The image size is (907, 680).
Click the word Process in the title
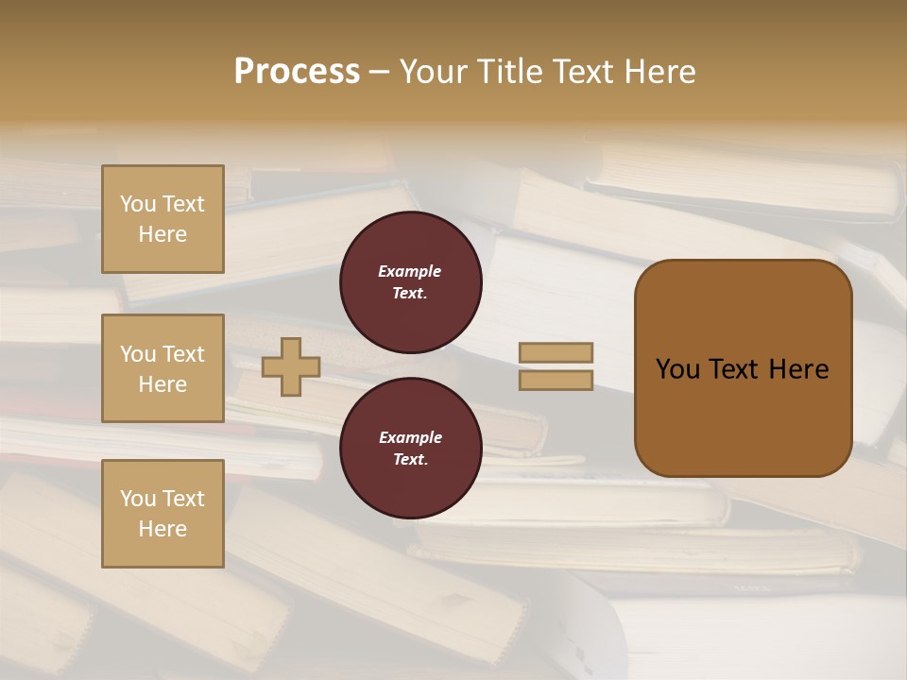[x=297, y=72]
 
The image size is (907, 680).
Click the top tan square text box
[x=163, y=219]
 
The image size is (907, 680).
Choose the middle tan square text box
[x=163, y=368]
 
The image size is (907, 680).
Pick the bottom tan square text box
[x=163, y=514]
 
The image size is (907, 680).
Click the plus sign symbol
[x=291, y=367]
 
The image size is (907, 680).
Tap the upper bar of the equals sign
[x=556, y=352]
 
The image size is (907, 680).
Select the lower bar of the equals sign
[x=556, y=380]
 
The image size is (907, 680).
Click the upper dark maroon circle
[x=411, y=282]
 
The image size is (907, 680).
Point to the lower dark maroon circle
[x=411, y=449]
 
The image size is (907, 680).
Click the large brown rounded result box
[x=743, y=368]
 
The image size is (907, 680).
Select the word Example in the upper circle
[x=410, y=271]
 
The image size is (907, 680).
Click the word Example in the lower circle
[x=410, y=437]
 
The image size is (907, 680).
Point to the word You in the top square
[x=138, y=204]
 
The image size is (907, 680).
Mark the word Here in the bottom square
[x=163, y=529]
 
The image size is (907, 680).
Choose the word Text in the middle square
[x=182, y=354]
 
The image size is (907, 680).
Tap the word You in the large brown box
[x=676, y=369]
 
